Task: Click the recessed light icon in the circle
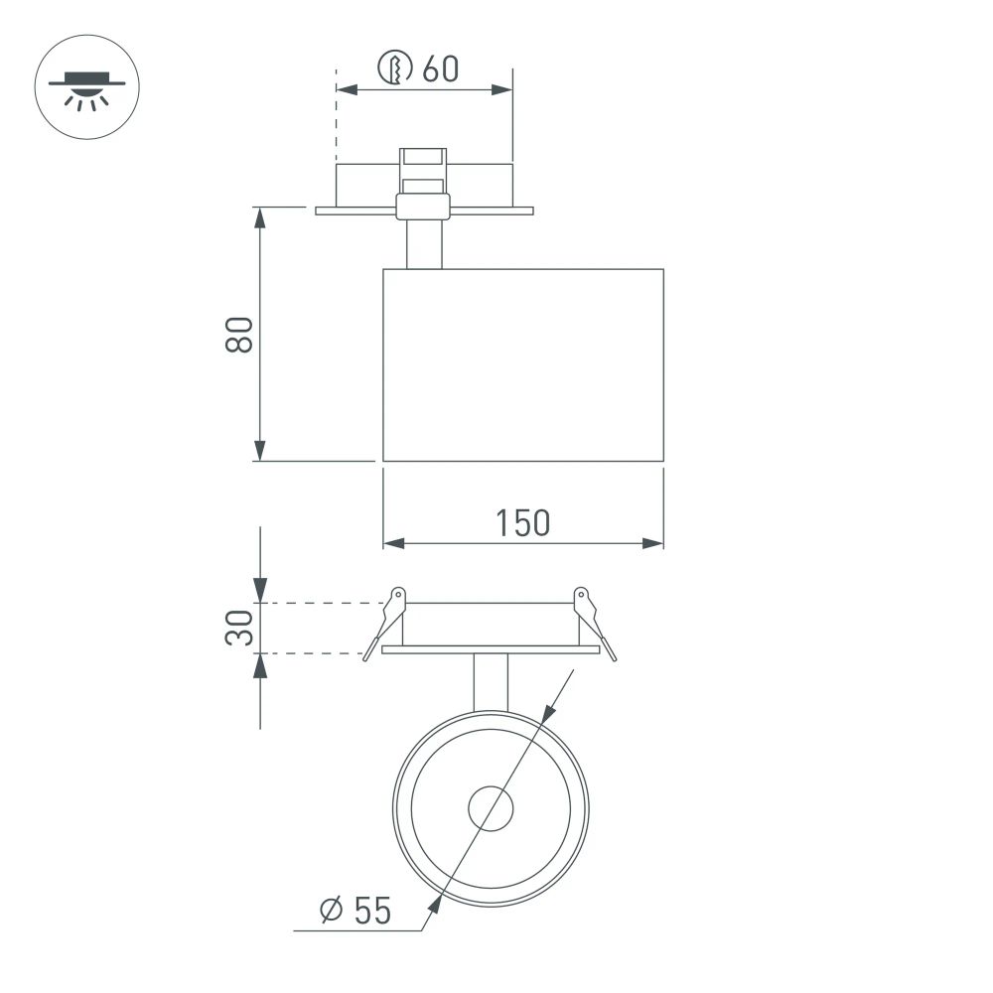(87, 87)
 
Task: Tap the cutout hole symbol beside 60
(395, 69)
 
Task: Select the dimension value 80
(239, 336)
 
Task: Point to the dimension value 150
(522, 522)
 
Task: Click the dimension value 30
(239, 628)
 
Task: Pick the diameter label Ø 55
(355, 910)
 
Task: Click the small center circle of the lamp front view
(492, 807)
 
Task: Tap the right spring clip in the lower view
(595, 623)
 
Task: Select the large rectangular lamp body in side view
(522, 365)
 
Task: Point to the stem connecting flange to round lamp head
(492, 682)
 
